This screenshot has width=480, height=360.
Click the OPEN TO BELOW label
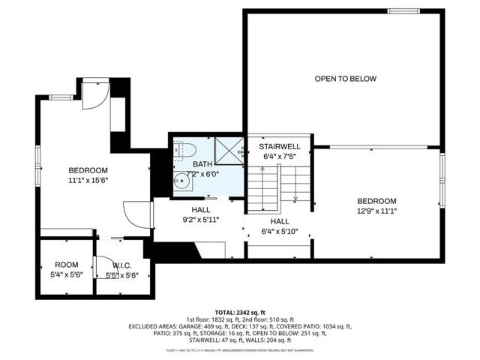click(x=345, y=79)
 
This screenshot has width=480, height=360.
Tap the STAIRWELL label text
click(x=280, y=147)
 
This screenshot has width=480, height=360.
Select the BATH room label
click(x=202, y=164)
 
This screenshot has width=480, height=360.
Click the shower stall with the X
click(x=229, y=148)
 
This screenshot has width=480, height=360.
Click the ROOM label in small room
click(x=66, y=265)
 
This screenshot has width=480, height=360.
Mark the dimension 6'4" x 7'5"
click(x=280, y=157)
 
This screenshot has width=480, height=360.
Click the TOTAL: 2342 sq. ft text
click(x=240, y=311)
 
